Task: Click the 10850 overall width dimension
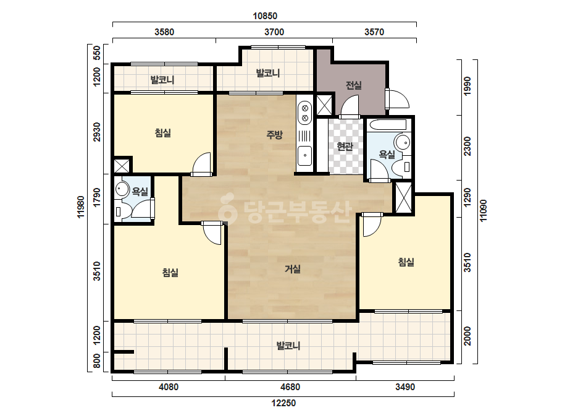[265, 16]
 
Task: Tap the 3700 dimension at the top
[274, 32]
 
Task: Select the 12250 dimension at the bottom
[283, 403]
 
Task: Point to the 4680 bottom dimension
[290, 386]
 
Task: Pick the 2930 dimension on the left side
[97, 132]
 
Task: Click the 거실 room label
[293, 269]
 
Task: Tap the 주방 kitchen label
[274, 135]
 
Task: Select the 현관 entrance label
[345, 147]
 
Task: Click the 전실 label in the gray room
[353, 85]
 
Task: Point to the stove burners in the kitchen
[305, 113]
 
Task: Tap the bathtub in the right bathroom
[387, 125]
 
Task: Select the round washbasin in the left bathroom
[122, 189]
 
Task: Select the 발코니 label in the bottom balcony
[288, 346]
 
